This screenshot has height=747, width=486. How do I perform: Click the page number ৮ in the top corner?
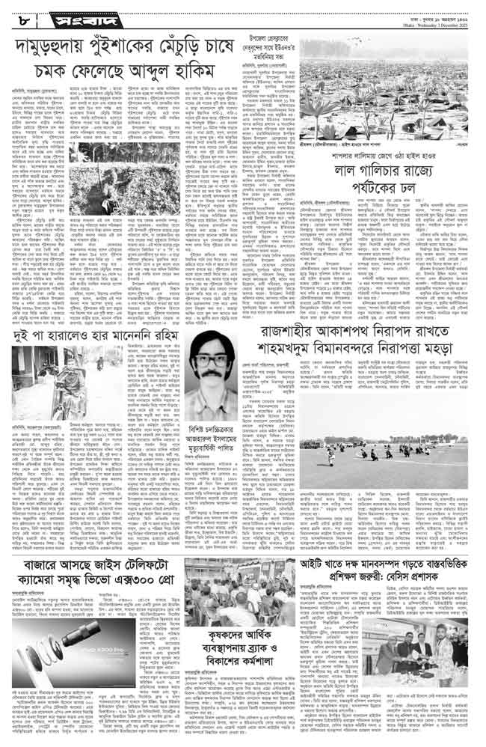[16, 12]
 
